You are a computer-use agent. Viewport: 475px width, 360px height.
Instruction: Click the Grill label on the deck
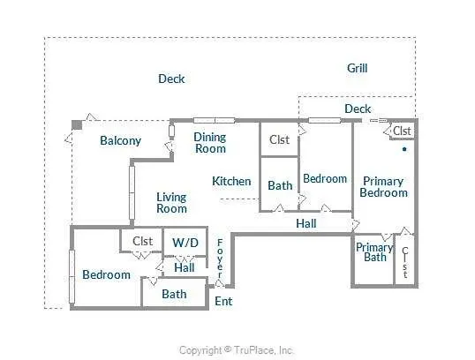[x=358, y=69]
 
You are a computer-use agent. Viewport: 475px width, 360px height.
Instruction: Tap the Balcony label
[x=121, y=141]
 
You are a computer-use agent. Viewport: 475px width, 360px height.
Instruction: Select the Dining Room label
[x=210, y=143]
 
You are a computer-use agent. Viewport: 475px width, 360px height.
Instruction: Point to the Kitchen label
[x=231, y=182]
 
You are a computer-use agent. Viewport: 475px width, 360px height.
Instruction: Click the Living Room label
[x=171, y=203]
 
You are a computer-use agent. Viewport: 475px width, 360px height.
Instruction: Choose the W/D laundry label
[x=185, y=243]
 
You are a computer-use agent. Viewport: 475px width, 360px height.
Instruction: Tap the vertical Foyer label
[x=220, y=259]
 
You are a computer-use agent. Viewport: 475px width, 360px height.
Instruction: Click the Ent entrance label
[x=223, y=301]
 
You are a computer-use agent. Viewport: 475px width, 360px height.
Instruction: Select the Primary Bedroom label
[x=383, y=187]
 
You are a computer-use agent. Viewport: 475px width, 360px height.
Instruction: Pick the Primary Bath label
[x=374, y=252]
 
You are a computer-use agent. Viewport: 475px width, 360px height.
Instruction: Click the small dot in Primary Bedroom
[x=404, y=149]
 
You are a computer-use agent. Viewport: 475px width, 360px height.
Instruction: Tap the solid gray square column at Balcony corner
[x=77, y=124]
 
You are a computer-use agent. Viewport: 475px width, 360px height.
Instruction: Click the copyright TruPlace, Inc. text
[x=237, y=350]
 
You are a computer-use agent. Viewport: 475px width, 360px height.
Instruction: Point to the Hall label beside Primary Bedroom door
[x=306, y=224]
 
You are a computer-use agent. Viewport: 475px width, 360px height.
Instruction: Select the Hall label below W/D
[x=185, y=267]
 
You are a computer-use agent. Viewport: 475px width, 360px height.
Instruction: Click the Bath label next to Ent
[x=174, y=294]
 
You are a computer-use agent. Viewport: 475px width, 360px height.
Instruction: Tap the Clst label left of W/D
[x=143, y=241]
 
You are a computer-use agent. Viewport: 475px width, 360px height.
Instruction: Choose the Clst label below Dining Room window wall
[x=279, y=140]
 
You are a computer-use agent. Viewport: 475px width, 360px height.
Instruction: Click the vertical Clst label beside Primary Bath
[x=405, y=263]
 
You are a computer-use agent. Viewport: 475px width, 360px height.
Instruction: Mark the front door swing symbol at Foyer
[x=220, y=284]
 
